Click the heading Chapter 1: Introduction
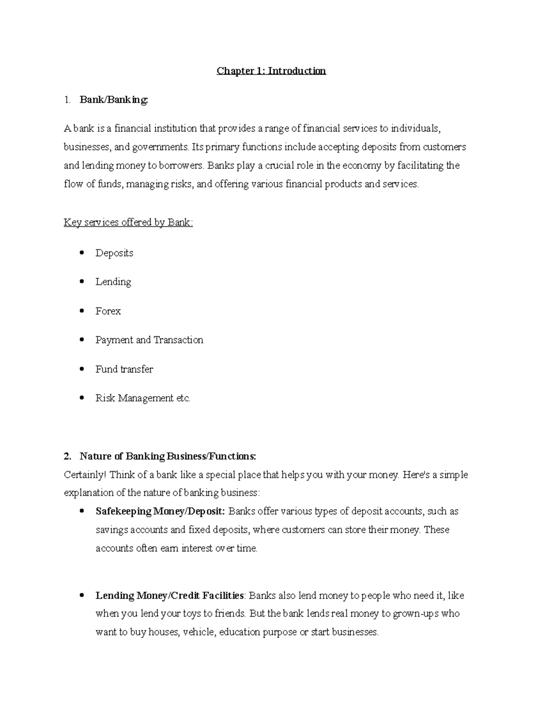271,71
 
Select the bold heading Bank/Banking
114,100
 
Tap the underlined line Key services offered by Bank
128,222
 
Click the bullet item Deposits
114,253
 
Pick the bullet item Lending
113,282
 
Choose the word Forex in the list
108,311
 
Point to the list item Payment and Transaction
149,340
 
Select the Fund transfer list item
124,369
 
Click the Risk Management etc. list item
143,398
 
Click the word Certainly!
86,475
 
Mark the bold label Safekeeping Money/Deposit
160,512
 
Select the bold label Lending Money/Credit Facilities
170,596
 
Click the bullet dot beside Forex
81,311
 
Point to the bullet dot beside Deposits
81,253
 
